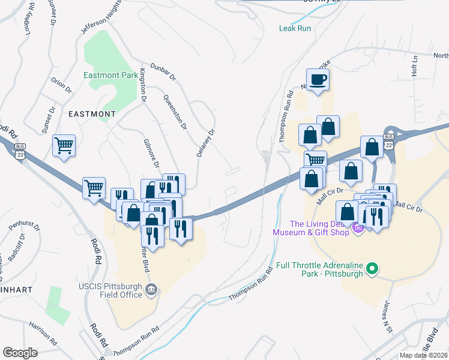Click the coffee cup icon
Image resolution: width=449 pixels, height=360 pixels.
(318, 79)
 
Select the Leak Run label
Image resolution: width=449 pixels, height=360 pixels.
(295, 28)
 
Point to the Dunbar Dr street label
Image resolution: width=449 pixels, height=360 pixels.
(163, 73)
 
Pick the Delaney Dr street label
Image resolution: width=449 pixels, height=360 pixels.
(205, 143)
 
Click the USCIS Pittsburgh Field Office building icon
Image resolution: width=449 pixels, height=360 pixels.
(152, 290)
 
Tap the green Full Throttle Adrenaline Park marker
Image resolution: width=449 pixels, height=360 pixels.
(373, 269)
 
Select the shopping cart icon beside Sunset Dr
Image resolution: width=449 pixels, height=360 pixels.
(64, 145)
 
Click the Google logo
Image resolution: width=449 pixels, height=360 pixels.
(20, 353)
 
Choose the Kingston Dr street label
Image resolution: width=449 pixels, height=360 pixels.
(143, 85)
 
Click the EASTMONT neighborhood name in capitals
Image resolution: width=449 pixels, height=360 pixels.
(92, 113)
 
